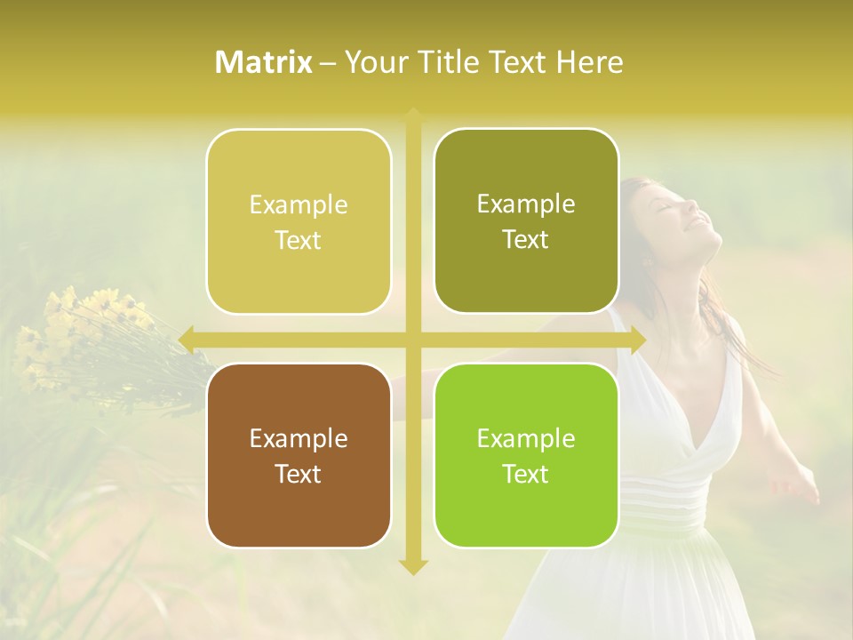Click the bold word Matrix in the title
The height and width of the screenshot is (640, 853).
point(264,62)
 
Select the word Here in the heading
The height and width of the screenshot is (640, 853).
point(590,62)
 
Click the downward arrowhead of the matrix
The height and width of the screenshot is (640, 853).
point(412,566)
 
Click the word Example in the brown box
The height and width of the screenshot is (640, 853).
point(299,439)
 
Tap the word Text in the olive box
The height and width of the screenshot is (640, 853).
point(526,240)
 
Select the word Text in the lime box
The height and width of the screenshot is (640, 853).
point(526,474)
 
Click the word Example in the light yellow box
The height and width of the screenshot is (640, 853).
point(299,205)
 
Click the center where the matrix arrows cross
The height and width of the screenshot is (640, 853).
point(412,340)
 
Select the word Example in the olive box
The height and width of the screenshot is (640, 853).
point(526,204)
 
